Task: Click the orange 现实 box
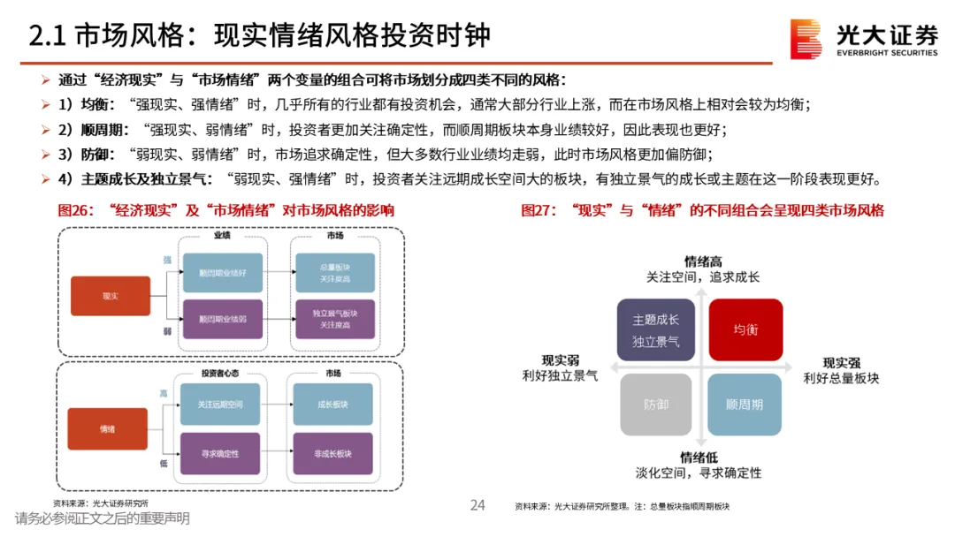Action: click(x=111, y=296)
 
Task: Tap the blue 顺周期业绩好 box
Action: click(x=222, y=272)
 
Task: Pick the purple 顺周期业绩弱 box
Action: click(x=222, y=319)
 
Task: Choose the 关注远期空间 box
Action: click(x=219, y=405)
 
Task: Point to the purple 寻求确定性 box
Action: click(x=219, y=453)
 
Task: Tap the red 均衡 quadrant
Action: click(x=745, y=329)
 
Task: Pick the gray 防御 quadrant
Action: click(x=655, y=405)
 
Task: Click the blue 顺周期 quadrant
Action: click(x=745, y=405)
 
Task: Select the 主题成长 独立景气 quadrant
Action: click(x=655, y=329)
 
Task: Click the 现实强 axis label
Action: click(x=841, y=362)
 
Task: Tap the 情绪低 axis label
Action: click(x=698, y=457)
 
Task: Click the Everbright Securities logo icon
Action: click(x=806, y=40)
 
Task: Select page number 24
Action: click(x=477, y=505)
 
